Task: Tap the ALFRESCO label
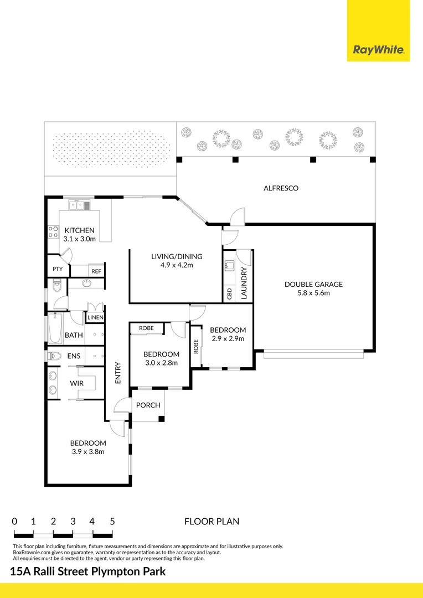click(281, 188)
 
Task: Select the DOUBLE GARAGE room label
click(313, 284)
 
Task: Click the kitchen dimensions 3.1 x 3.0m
click(79, 239)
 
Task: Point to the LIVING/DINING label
click(177, 257)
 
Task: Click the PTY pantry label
click(58, 269)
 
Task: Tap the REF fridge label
click(96, 271)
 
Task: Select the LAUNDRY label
click(244, 283)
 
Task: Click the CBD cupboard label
click(230, 293)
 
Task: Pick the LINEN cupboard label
click(95, 317)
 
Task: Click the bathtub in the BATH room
click(55, 328)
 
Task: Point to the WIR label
click(76, 383)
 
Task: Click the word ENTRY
click(117, 373)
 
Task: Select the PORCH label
click(148, 405)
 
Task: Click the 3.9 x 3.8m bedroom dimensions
click(88, 452)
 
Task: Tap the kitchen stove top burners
click(53, 232)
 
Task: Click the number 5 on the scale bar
click(112, 522)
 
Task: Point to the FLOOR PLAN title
click(212, 522)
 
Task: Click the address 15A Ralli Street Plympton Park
click(87, 571)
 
